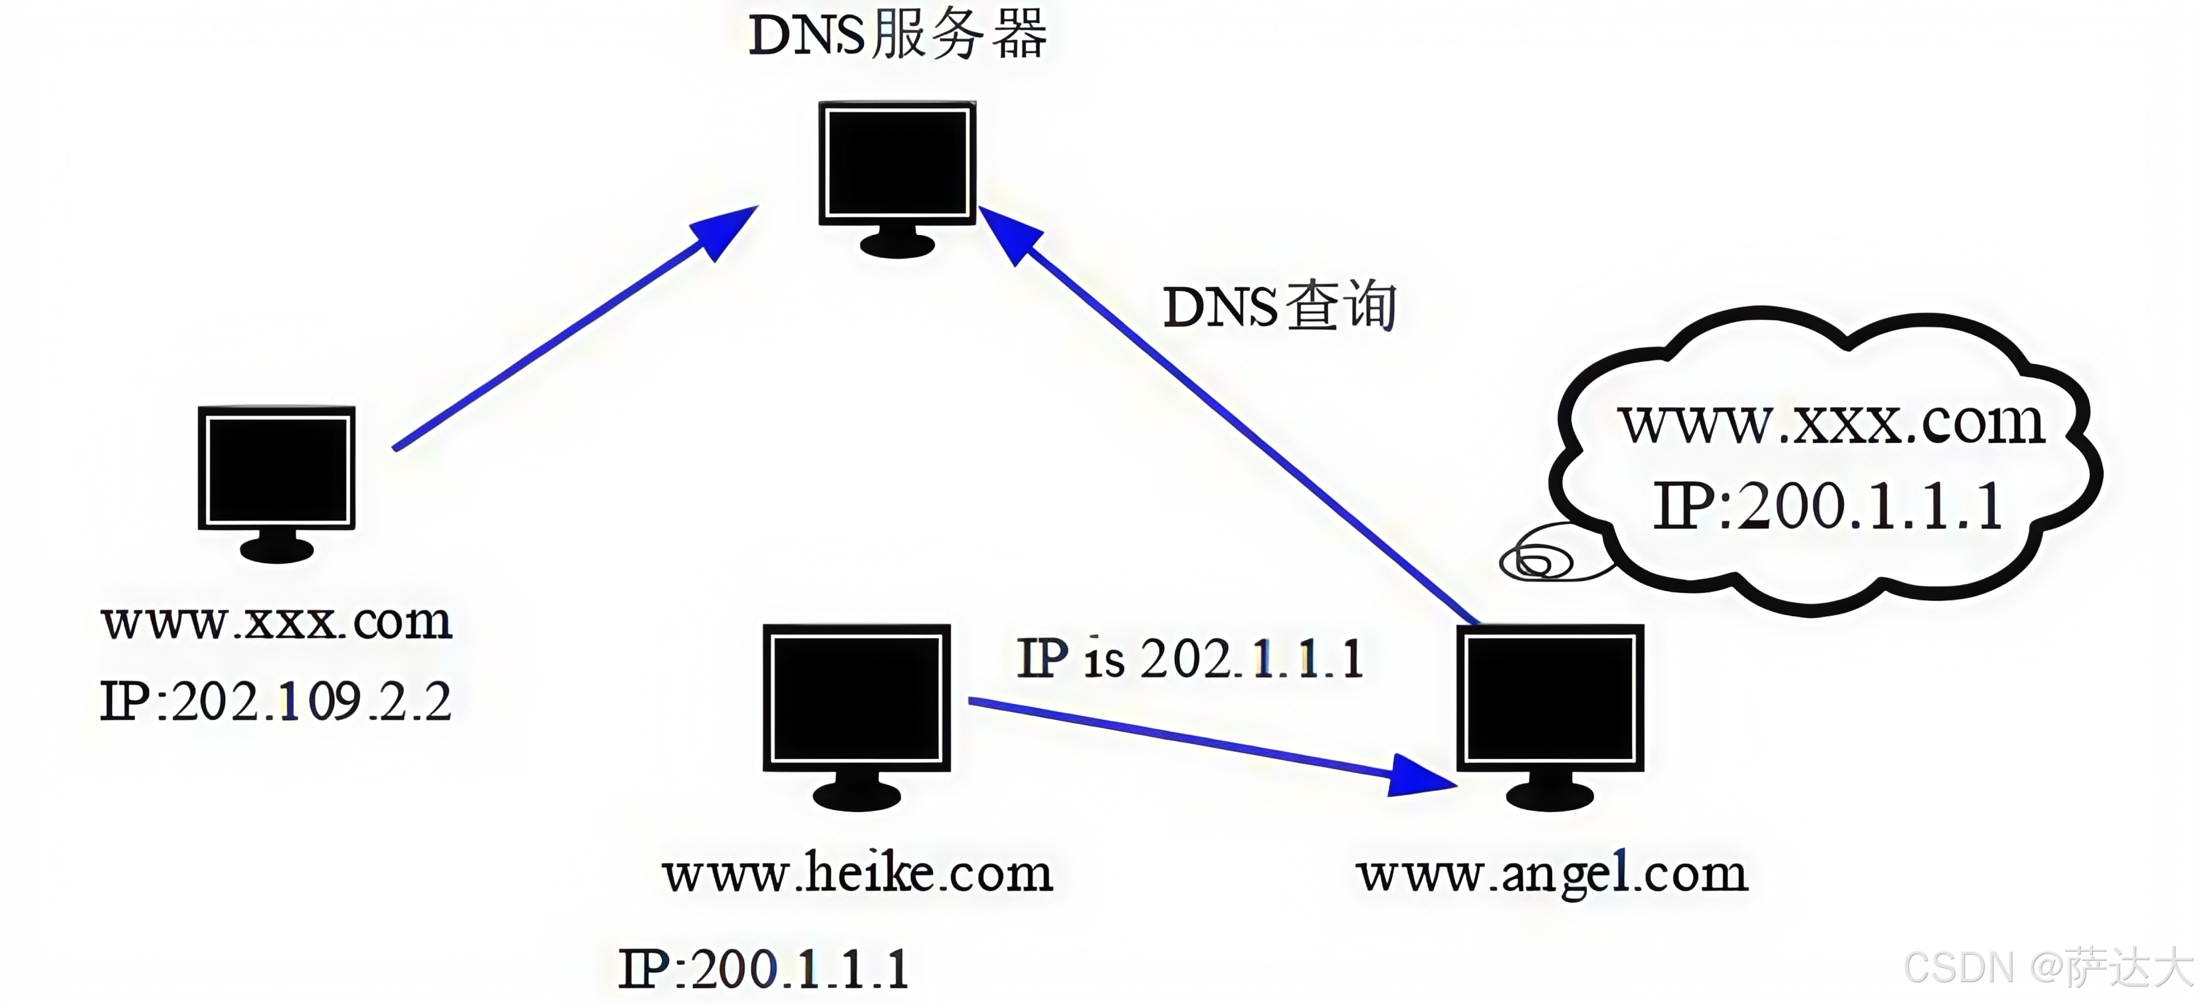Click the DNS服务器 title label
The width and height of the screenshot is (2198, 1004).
coord(897,36)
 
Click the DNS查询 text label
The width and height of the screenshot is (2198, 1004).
coord(1279,306)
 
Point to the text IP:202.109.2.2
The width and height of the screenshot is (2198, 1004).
coord(276,702)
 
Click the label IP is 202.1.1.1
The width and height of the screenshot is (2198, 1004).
coord(1189,659)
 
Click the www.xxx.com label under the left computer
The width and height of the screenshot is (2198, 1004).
coord(276,621)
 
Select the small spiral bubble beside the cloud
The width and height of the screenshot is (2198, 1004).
coord(1536,561)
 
